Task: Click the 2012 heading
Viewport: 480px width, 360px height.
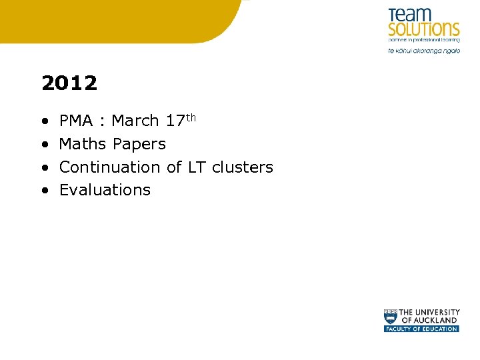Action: click(69, 83)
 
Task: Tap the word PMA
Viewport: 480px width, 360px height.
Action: click(76, 121)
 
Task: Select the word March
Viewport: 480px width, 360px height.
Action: click(135, 121)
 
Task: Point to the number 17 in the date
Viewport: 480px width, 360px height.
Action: click(175, 121)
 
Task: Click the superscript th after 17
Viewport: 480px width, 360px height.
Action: click(191, 117)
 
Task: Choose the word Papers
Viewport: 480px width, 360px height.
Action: click(139, 144)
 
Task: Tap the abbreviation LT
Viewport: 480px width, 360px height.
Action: click(197, 167)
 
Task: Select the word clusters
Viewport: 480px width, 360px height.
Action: click(243, 167)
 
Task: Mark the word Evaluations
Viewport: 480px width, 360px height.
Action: click(105, 190)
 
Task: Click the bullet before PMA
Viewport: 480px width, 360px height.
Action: click(44, 121)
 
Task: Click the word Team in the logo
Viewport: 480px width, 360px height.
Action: click(411, 15)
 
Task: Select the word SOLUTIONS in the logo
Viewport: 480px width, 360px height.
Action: click(424, 29)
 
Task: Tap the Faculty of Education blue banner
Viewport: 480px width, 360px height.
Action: click(421, 329)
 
